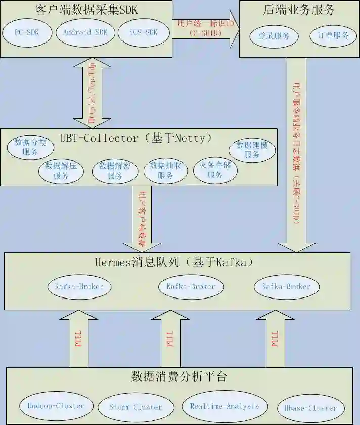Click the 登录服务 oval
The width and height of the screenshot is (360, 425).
(x=274, y=36)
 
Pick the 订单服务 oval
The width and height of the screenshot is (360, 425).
(x=333, y=36)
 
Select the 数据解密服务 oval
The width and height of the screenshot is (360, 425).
(x=114, y=171)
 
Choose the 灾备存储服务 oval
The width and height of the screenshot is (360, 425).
(x=215, y=171)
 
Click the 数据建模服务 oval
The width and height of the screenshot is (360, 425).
(x=252, y=150)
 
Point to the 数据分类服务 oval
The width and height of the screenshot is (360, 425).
(x=30, y=147)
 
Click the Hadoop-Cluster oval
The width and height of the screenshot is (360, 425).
(x=53, y=405)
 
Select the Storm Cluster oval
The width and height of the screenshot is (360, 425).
(x=136, y=407)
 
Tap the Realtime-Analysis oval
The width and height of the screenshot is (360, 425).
(x=224, y=406)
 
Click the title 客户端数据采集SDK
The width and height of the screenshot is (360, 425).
(x=86, y=10)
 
